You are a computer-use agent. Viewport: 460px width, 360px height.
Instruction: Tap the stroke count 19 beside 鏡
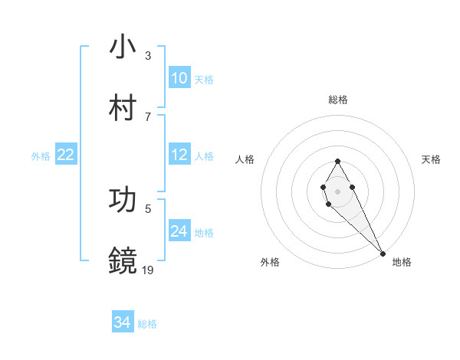point(149,270)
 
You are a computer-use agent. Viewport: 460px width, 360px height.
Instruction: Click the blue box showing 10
point(179,78)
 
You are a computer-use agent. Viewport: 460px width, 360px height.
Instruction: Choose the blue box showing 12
point(179,155)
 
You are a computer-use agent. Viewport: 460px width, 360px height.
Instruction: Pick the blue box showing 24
point(179,231)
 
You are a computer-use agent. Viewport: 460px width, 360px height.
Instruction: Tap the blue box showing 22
point(66,155)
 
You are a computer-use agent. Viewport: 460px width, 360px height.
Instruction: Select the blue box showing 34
point(123,323)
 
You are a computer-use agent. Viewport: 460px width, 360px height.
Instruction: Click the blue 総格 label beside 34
point(147,324)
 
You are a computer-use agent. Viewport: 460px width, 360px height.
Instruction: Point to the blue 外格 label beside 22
point(41,155)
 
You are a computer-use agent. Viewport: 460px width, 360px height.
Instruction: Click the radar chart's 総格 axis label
point(338,100)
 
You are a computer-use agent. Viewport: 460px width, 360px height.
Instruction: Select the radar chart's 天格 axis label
point(431,159)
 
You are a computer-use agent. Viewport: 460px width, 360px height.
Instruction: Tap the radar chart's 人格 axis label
point(245,159)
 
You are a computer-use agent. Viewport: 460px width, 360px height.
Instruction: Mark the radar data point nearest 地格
point(383,253)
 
